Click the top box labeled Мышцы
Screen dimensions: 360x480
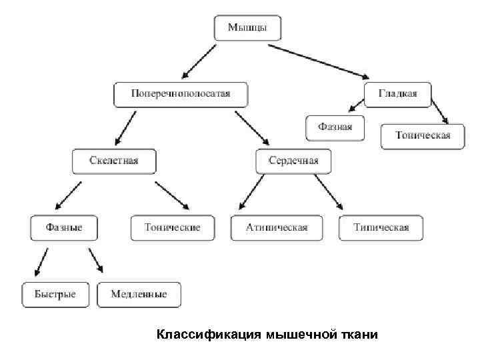click(248, 28)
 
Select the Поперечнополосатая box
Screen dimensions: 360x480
click(181, 94)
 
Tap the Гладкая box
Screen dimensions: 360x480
click(398, 94)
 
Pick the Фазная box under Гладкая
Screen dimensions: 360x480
click(335, 127)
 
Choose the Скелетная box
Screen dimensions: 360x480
click(114, 161)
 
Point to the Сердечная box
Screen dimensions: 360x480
click(293, 161)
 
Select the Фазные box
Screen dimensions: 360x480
click(64, 227)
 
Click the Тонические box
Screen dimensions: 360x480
click(173, 227)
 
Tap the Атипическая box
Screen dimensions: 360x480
click(277, 227)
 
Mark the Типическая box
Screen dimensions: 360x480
click(381, 227)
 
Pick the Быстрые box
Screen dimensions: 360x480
click(55, 294)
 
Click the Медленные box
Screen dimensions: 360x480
click(139, 294)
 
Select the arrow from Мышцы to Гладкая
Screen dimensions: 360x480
click(323, 59)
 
